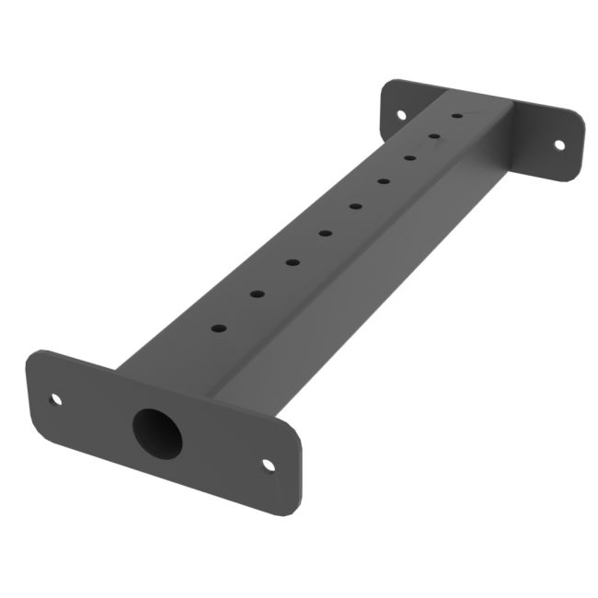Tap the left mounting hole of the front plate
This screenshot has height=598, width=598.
pos(55,399)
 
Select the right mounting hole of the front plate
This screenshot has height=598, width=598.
pos(269,465)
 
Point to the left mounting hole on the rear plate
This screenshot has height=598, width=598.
pos(400,115)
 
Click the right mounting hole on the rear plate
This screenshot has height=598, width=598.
pos(558,144)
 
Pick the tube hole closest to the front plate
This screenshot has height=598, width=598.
pos(218,328)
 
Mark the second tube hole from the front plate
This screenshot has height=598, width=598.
pos(257,294)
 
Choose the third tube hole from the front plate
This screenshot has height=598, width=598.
pos(292,262)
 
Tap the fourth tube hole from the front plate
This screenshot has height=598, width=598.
pos(325,233)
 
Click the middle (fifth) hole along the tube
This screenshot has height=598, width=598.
pos(355,206)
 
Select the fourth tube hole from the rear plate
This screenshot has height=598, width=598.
pos(383,180)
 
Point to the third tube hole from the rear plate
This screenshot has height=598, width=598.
pos(408,157)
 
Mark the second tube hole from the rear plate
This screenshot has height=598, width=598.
pos(433,136)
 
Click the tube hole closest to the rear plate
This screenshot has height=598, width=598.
pos(456,116)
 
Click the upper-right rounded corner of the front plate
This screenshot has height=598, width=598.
pos(294,431)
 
